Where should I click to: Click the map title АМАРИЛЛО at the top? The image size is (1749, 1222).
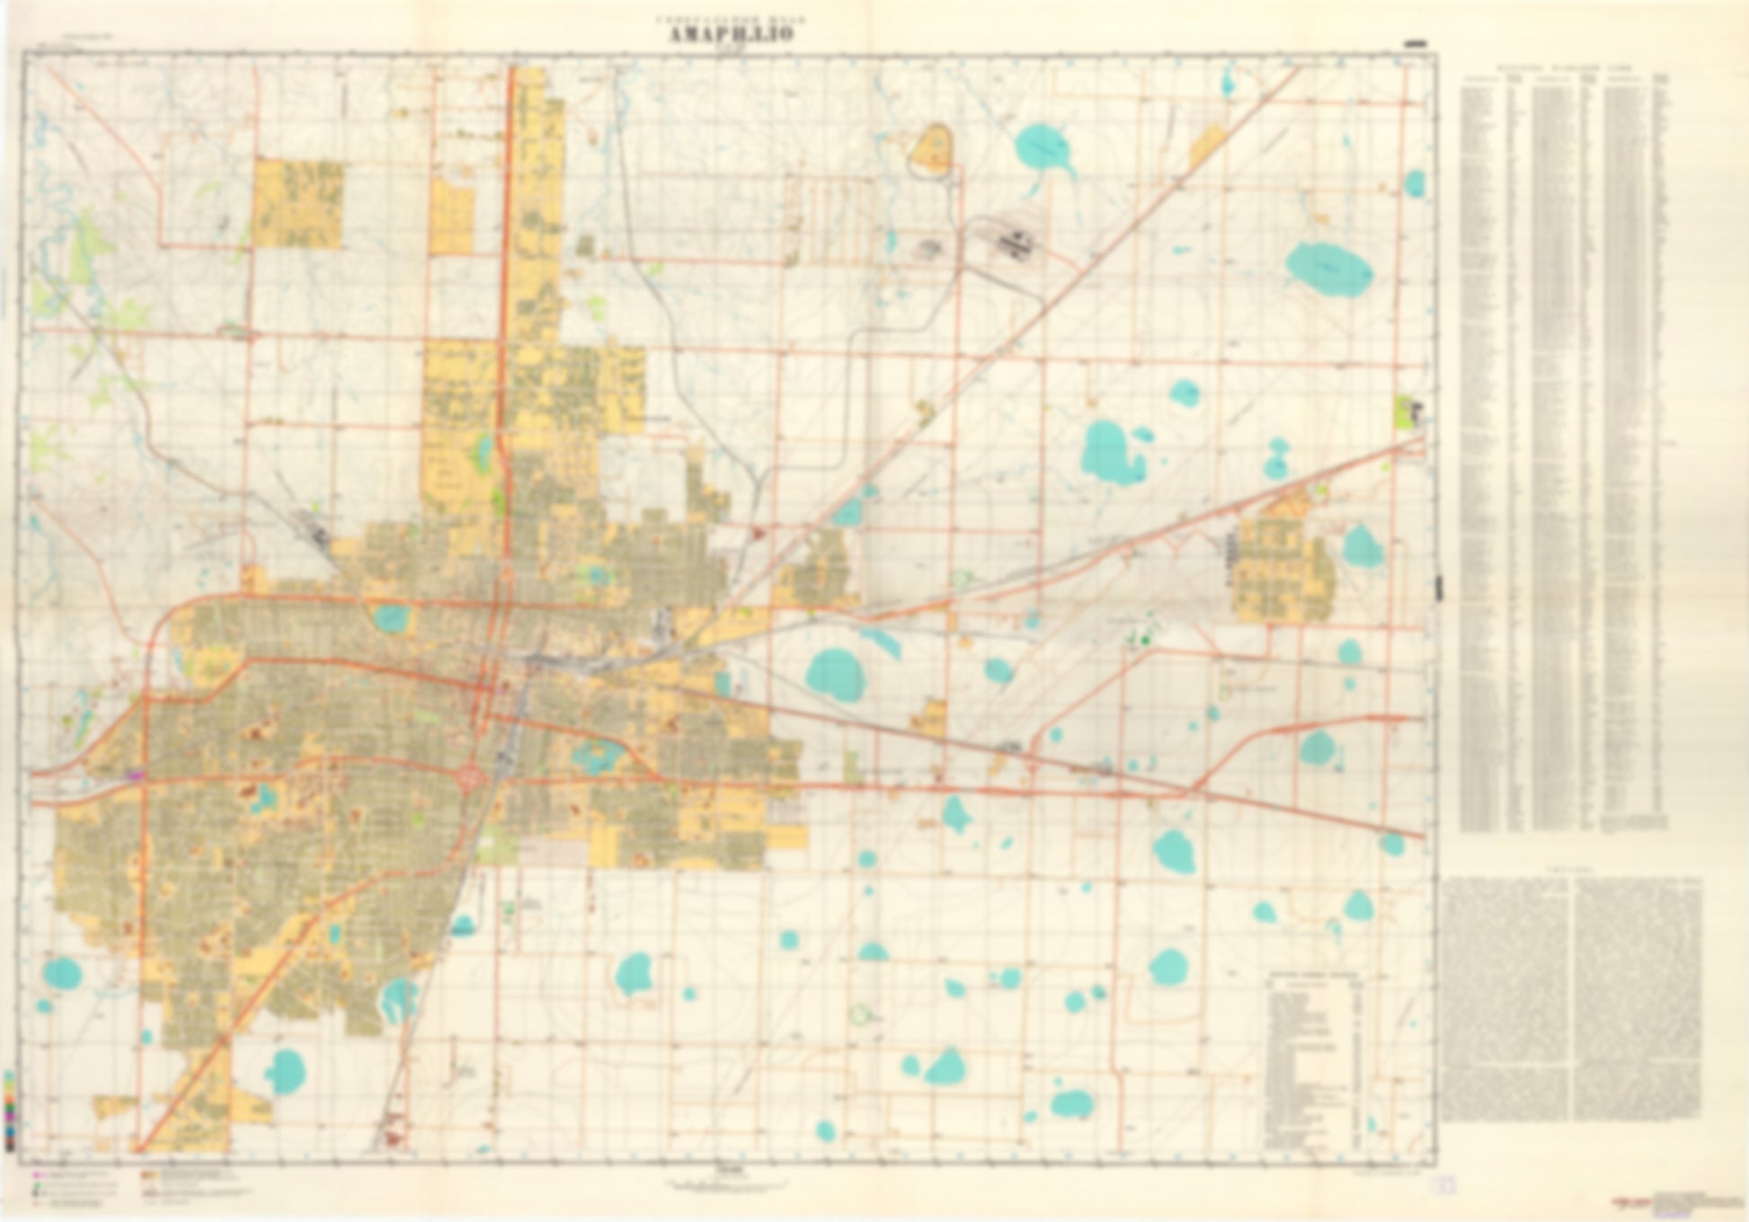(x=730, y=33)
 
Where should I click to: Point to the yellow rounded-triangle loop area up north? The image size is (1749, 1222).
(x=932, y=150)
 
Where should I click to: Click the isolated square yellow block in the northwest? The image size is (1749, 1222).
(x=297, y=203)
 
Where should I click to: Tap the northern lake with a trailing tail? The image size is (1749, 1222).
(x=1045, y=150)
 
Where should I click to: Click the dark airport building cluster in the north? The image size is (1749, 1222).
(x=1013, y=240)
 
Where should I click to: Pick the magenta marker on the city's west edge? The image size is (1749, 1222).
(x=136, y=774)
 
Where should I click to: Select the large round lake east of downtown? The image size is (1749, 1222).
(x=835, y=675)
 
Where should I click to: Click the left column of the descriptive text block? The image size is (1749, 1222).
(x=1507, y=998)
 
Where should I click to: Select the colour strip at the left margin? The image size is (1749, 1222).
(x=9, y=1109)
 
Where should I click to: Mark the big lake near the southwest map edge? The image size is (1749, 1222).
(x=61, y=973)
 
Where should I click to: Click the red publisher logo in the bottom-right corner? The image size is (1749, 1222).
(x=1627, y=1200)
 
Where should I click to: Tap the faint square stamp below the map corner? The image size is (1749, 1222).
(x=1445, y=1185)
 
